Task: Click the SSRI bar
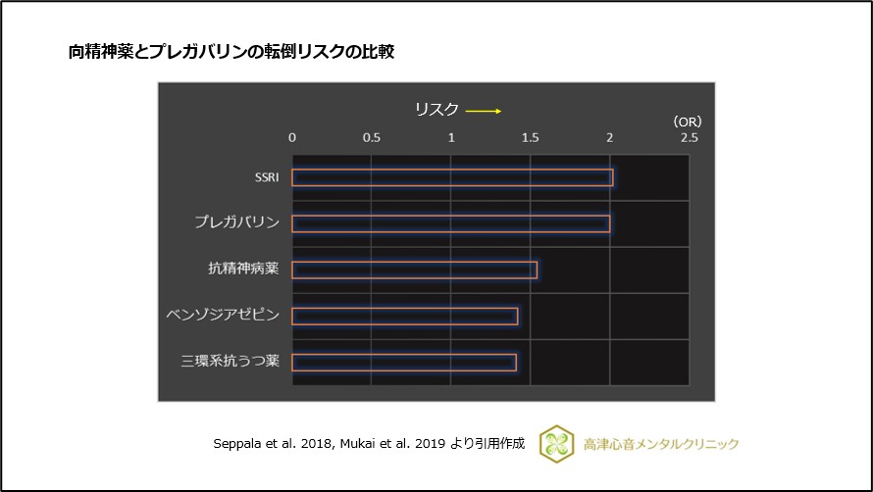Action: point(452,177)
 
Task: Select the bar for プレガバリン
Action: point(450,223)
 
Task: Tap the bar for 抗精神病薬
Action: point(414,270)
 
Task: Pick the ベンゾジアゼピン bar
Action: point(404,316)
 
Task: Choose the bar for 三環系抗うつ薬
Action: point(403,362)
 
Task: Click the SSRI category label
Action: point(266,177)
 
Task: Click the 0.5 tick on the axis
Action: point(372,138)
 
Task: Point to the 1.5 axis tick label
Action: point(531,138)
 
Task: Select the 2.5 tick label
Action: point(690,138)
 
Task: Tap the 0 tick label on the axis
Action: point(292,138)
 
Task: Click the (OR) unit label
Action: point(688,122)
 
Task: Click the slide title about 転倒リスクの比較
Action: point(231,52)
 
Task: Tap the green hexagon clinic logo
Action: point(556,443)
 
